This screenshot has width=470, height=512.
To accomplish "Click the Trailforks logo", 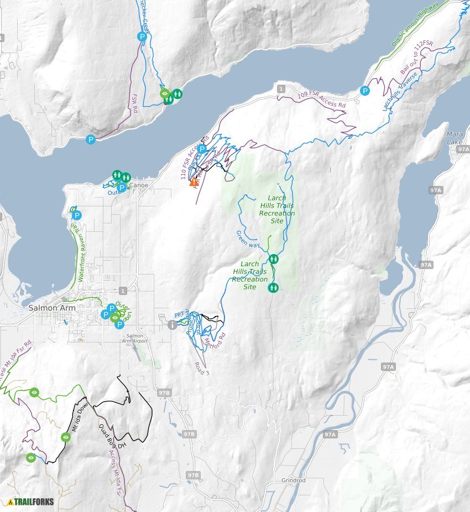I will [x=30, y=502].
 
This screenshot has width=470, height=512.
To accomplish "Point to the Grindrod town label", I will [x=293, y=480].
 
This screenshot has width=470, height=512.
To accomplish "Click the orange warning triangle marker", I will [x=194, y=181].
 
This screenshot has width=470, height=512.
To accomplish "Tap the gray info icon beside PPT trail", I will [x=173, y=325].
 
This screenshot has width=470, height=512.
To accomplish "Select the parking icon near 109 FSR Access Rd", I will [x=365, y=90].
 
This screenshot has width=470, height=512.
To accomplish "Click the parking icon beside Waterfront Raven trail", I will [x=77, y=215].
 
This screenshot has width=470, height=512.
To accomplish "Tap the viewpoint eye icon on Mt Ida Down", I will [x=66, y=437].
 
